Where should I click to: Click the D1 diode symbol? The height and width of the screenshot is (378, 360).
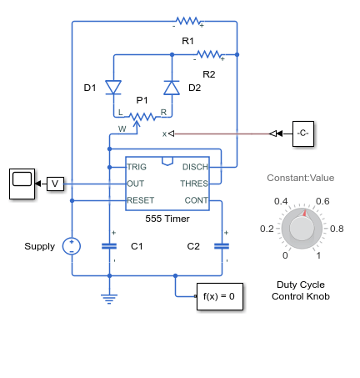113,88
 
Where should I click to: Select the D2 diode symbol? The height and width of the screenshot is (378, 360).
172,88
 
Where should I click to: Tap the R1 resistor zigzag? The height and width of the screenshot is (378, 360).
188,21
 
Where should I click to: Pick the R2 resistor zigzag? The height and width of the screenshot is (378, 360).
209,54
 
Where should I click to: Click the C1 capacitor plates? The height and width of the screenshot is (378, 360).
109,246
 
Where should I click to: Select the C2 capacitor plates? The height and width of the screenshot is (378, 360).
222,246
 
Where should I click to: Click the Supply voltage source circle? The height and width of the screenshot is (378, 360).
72,246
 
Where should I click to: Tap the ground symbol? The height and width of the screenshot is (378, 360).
109,299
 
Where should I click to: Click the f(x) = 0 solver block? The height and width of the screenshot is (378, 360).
220,296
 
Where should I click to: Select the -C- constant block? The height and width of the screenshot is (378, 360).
303,134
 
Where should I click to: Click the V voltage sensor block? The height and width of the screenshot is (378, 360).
55,184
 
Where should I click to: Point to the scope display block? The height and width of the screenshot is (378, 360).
22,184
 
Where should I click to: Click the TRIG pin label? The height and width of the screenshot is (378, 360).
137,167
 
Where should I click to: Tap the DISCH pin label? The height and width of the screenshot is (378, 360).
195,167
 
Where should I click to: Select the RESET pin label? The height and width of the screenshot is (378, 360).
141,200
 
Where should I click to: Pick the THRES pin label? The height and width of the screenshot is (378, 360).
194,184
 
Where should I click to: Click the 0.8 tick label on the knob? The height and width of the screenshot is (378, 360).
337,229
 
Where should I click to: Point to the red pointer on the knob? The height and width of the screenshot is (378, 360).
304,213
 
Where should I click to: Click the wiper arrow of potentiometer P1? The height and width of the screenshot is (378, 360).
137,123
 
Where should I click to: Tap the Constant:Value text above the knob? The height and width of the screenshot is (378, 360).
301,178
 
